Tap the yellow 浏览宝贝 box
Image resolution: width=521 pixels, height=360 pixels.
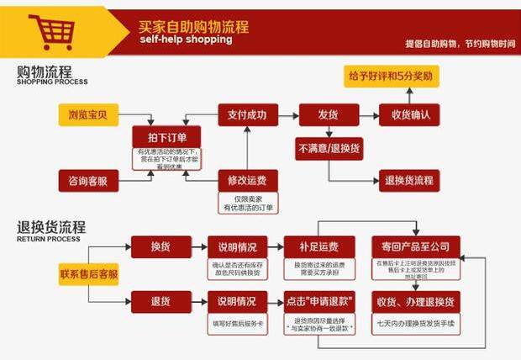pyautogui.click(x=88, y=114)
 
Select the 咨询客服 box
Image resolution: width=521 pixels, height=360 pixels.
pyautogui.click(x=88, y=180)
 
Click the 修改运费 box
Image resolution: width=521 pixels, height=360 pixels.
pyautogui.click(x=247, y=180)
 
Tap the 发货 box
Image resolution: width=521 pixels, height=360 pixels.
pyautogui.click(x=328, y=114)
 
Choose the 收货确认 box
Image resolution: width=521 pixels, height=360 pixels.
pyautogui.click(x=410, y=114)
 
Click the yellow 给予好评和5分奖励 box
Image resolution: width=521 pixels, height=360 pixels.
pyautogui.click(x=391, y=76)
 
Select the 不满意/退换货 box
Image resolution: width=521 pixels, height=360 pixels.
pyautogui.click(x=328, y=148)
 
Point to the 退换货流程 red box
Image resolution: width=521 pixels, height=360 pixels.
pyautogui.click(x=409, y=180)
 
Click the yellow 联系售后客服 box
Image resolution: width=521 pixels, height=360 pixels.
pyautogui.click(x=88, y=273)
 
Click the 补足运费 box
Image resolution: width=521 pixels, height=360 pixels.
pyautogui.click(x=317, y=246)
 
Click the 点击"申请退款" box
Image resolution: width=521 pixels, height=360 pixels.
pyautogui.click(x=317, y=301)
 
